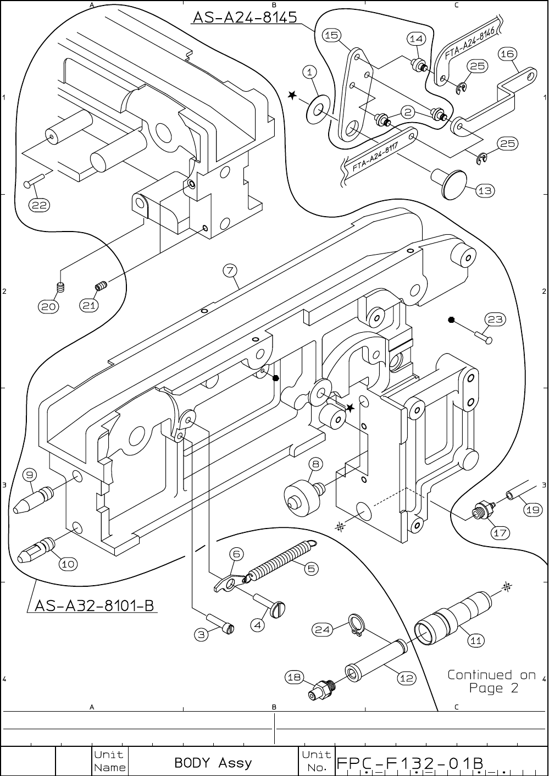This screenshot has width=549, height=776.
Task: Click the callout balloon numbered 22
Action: point(39,206)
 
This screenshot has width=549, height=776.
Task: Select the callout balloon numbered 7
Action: point(230,270)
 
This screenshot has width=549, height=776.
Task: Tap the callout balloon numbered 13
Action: point(485,191)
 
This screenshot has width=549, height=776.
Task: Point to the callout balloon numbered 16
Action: point(507,54)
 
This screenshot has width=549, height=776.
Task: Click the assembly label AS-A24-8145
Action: point(244,18)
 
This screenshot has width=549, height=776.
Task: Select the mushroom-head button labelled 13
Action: point(448,183)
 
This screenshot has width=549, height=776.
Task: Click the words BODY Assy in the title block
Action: point(213,763)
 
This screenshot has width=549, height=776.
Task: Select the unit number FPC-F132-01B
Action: point(409,763)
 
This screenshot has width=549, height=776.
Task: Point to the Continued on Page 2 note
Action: point(491,681)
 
